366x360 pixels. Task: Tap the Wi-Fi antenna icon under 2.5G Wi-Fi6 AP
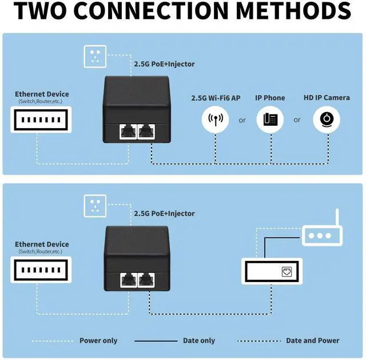point(216,120)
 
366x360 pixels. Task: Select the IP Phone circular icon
point(270,120)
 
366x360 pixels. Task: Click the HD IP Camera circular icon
point(327,120)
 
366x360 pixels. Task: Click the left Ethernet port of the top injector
point(128,132)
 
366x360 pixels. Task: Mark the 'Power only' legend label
point(98,341)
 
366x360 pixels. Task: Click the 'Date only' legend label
point(199,341)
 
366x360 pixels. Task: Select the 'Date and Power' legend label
point(313,341)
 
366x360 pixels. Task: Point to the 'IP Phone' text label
point(270,98)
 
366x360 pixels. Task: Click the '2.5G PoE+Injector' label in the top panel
point(164,64)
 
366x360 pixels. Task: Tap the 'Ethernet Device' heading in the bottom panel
point(42,244)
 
